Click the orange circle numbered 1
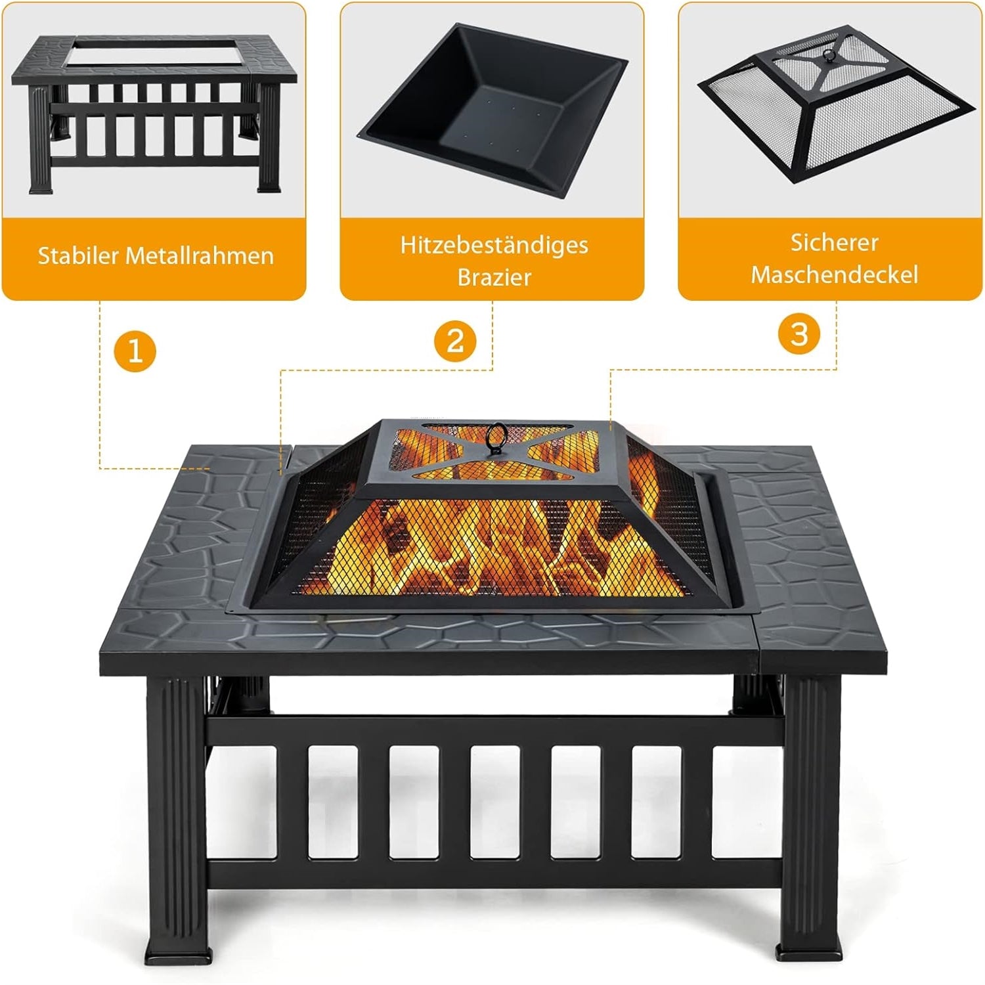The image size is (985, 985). [x=135, y=351]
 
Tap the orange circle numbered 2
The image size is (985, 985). [x=455, y=341]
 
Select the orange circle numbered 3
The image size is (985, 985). [x=799, y=333]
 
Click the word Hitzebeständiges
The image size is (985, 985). [x=494, y=245]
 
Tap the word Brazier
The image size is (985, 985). [x=494, y=277]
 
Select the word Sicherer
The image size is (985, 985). [x=834, y=242]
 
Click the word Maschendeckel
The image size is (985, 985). [x=834, y=274]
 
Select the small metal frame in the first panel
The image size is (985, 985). [x=154, y=114]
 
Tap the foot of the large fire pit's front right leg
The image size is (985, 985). [x=810, y=953]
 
